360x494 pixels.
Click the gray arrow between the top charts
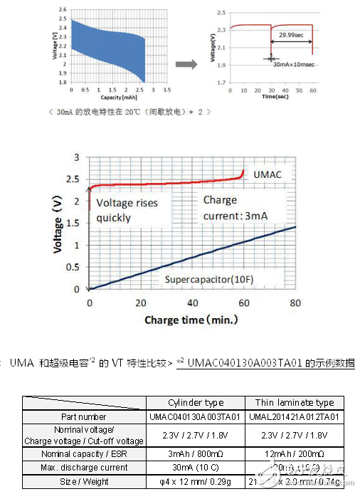click(x=186, y=64)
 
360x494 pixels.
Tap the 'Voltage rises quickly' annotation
click(x=127, y=210)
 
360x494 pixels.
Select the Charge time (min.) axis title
click(x=191, y=320)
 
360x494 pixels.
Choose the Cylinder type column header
click(x=196, y=403)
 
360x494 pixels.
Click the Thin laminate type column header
click(x=294, y=403)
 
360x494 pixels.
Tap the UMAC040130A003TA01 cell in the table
click(x=196, y=416)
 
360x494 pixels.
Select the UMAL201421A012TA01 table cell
click(x=294, y=416)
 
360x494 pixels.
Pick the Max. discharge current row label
click(x=85, y=468)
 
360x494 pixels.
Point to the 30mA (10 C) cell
click(x=196, y=468)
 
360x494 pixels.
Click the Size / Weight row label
click(x=85, y=482)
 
